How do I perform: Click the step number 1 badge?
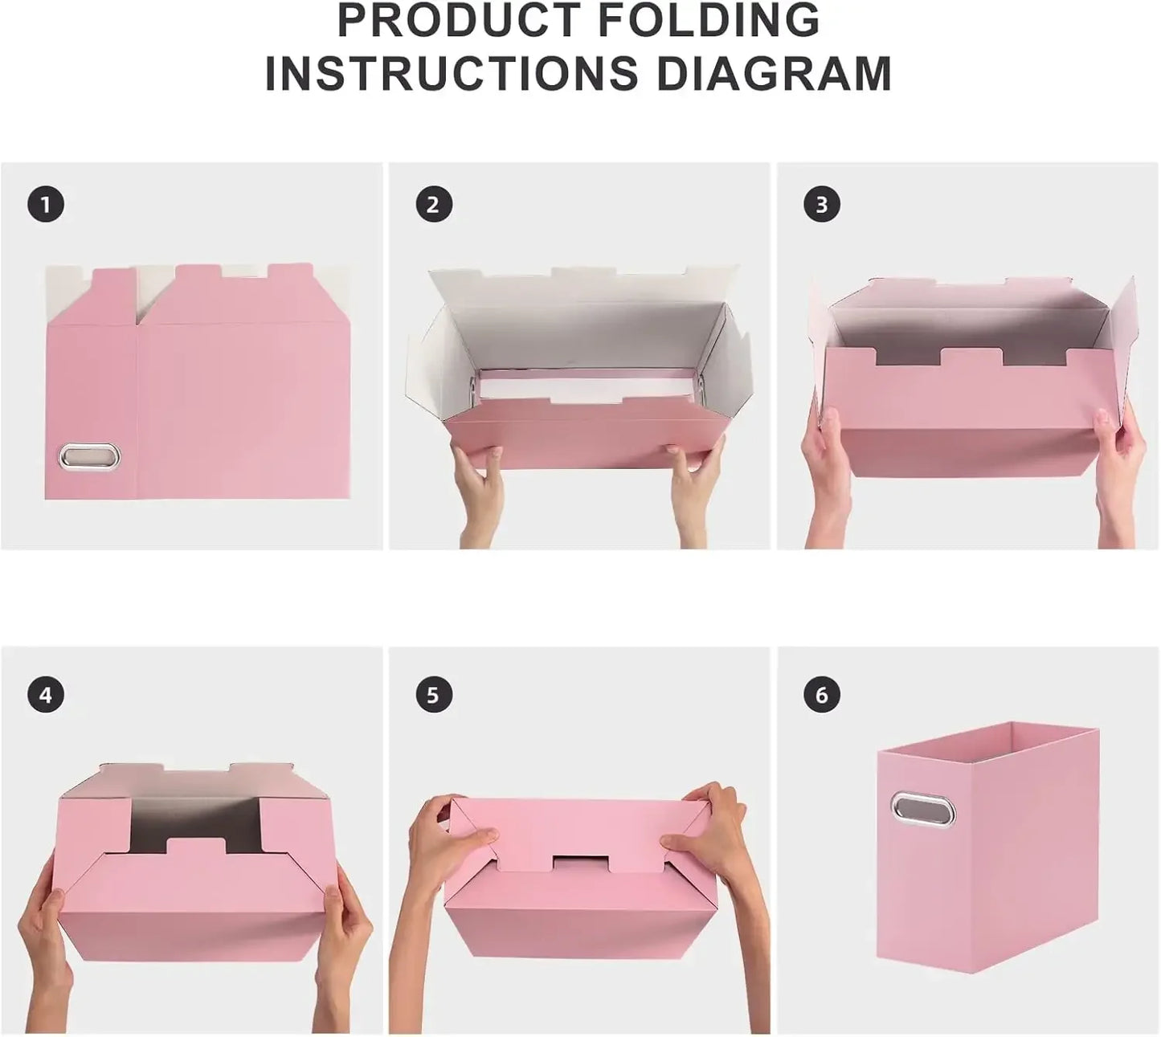click(45, 205)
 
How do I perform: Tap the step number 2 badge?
click(433, 205)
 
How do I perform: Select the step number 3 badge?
click(821, 205)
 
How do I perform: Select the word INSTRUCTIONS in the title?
click(451, 73)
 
